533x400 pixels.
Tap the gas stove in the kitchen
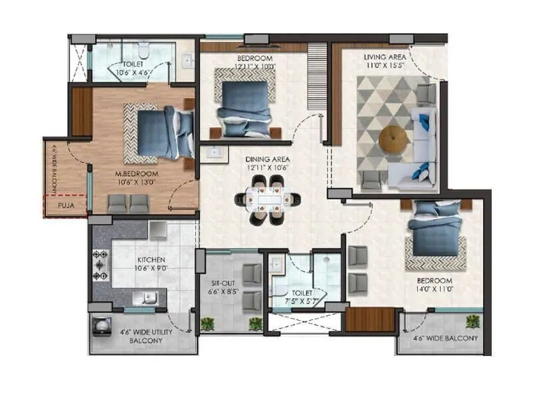(101, 265)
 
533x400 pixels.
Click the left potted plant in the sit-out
(207, 324)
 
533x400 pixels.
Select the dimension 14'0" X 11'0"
(436, 290)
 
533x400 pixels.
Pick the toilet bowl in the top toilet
(143, 50)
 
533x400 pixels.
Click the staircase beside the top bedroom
(317, 77)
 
